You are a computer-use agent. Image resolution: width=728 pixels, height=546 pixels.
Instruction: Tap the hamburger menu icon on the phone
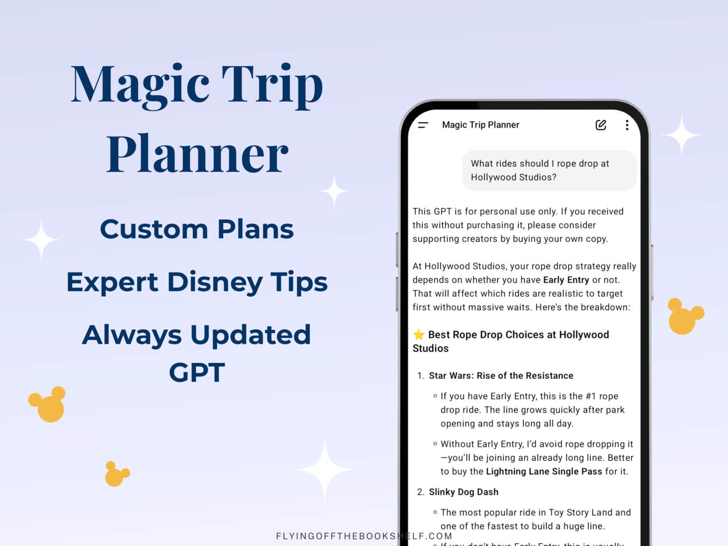click(x=423, y=125)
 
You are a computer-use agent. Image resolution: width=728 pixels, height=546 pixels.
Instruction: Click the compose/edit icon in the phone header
click(x=601, y=125)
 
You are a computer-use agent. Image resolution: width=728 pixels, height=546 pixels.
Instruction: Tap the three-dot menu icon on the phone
click(x=627, y=125)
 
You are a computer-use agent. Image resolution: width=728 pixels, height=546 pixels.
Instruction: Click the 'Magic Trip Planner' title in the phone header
click(x=480, y=125)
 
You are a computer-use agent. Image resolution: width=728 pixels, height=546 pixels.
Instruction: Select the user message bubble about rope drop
click(x=549, y=170)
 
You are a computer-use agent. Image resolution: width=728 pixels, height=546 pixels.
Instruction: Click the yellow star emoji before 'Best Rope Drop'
click(x=419, y=335)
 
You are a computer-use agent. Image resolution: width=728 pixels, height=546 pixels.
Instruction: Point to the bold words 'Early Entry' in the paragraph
click(x=566, y=280)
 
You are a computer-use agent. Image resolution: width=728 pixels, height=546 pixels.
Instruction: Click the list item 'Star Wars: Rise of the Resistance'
click(x=501, y=376)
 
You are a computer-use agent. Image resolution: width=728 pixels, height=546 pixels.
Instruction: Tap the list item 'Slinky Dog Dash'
click(x=464, y=492)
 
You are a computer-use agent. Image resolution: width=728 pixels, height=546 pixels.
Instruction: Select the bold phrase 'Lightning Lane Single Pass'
click(x=544, y=472)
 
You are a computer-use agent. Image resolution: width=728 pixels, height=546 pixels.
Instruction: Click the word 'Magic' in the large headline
click(x=140, y=85)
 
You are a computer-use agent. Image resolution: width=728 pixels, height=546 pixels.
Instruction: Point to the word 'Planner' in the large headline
click(x=197, y=154)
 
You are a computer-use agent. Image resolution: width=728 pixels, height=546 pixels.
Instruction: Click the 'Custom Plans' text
click(x=197, y=229)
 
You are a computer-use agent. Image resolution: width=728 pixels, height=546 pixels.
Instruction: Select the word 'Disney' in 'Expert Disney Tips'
click(x=215, y=282)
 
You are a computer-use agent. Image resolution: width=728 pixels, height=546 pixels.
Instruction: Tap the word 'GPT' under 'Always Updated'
click(x=197, y=373)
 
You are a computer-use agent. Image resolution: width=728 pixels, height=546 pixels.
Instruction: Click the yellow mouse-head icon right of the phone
click(x=684, y=316)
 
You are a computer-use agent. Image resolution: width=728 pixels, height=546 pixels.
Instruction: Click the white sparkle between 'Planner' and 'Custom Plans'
click(x=335, y=191)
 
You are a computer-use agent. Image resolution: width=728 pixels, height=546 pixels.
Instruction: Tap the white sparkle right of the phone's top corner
click(x=682, y=136)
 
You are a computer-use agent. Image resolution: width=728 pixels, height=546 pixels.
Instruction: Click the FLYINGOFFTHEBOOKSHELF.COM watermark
click(x=364, y=536)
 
